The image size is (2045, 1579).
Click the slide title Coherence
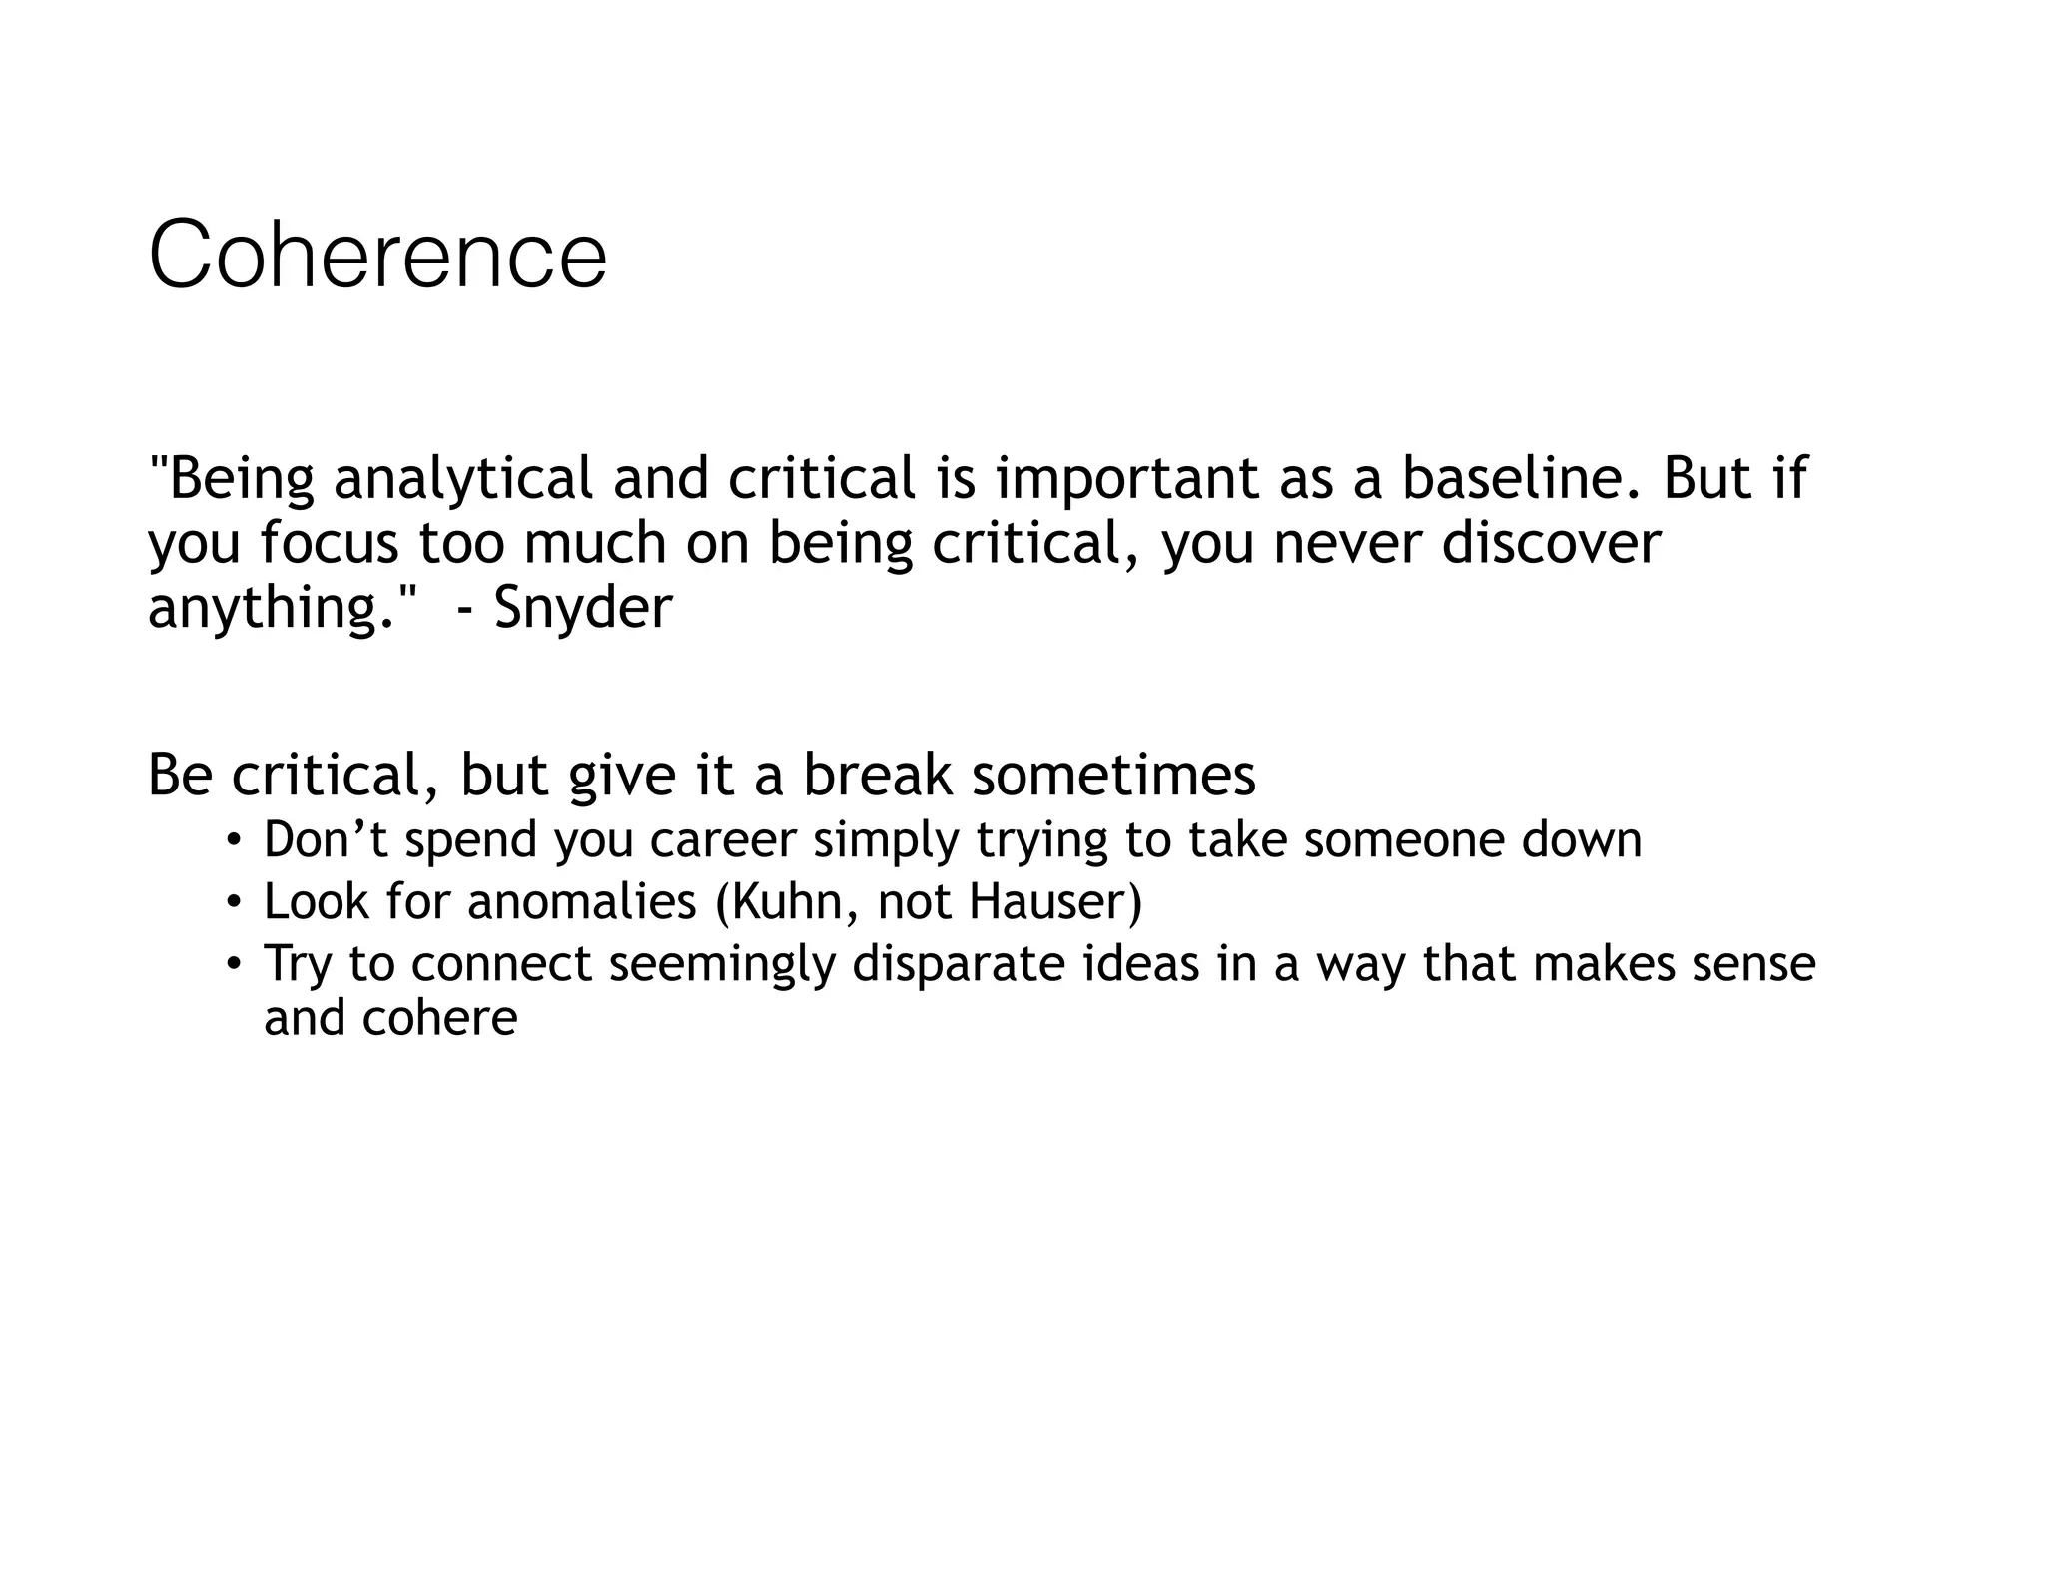(377, 256)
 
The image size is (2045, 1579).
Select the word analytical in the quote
(463, 479)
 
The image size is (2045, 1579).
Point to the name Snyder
(583, 607)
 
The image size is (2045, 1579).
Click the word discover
(1551, 543)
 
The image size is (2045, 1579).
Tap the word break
(878, 775)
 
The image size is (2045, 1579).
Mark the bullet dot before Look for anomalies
(233, 902)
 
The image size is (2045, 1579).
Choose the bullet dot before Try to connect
(233, 964)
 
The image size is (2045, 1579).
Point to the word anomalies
(581, 902)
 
